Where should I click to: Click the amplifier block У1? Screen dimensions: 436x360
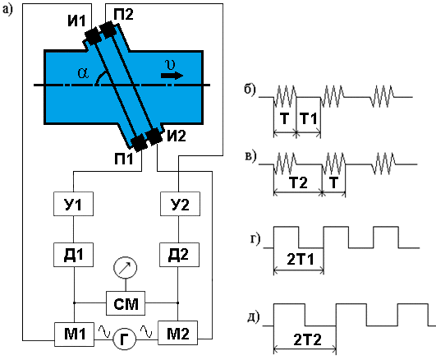tap(73, 204)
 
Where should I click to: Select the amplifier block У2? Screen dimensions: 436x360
tap(180, 204)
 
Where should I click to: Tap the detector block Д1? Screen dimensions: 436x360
tap(73, 255)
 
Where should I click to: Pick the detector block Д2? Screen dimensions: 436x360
tap(179, 255)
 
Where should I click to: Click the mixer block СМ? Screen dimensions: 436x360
tap(126, 303)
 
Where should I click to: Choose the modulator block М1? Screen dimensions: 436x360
tap(74, 334)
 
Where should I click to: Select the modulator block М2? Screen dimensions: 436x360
tap(178, 333)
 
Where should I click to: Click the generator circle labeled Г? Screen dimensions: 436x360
tap(124, 339)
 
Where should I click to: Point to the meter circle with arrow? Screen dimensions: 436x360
tap(125, 268)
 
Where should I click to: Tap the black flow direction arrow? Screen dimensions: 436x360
tap(172, 76)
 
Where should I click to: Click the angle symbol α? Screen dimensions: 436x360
tap(83, 73)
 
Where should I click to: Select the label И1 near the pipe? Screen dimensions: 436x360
tap(76, 21)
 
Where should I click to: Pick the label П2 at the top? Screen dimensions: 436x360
tap(123, 14)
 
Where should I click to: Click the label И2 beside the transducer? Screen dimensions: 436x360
tap(177, 136)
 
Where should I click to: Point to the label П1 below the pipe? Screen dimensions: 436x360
tap(123, 159)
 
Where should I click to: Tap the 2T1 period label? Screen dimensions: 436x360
tap(301, 260)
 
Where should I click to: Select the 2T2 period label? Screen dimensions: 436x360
tap(307, 340)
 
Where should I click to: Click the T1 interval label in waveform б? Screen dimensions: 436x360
tap(309, 118)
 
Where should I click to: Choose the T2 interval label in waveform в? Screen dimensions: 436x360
tap(298, 182)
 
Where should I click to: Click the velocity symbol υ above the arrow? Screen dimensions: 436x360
tap(170, 64)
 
